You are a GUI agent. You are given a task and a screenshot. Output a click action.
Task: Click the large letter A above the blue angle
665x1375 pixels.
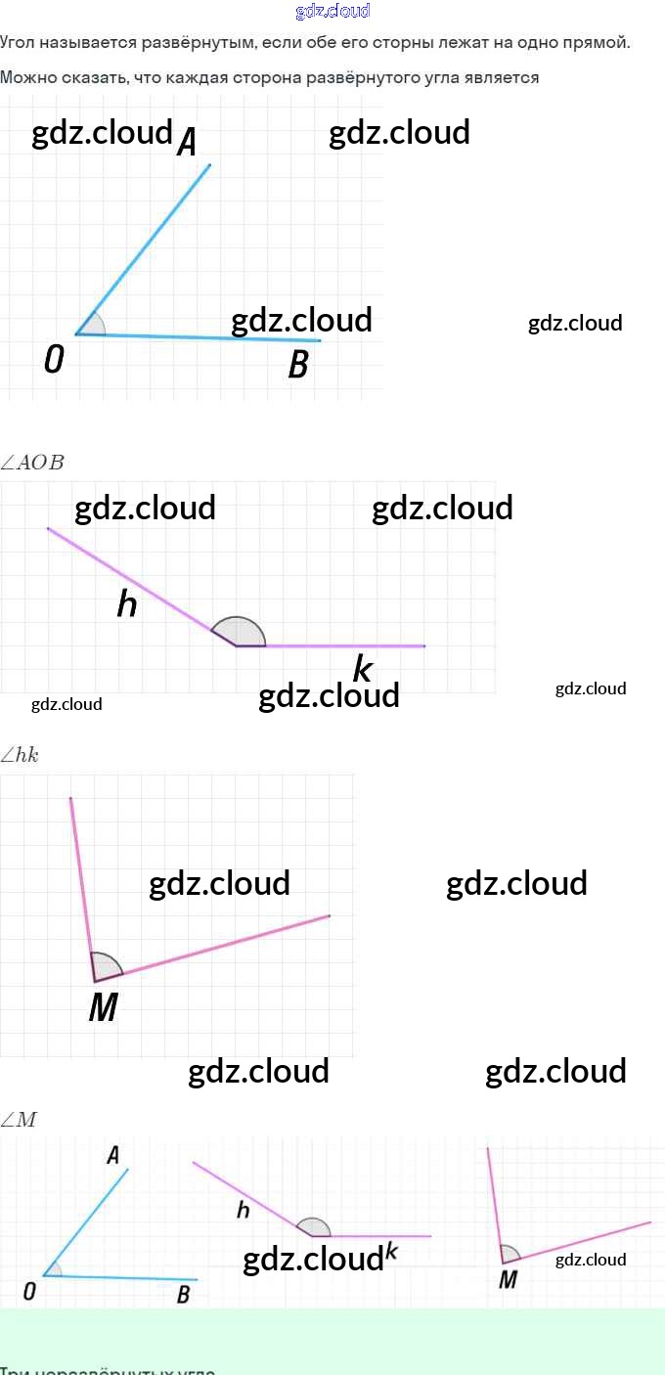point(187,144)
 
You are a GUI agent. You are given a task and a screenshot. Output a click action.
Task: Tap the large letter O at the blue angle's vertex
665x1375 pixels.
point(54,361)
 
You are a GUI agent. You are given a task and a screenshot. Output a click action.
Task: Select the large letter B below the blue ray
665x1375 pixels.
point(298,365)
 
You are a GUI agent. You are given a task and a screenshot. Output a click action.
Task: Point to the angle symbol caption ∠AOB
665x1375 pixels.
point(33,463)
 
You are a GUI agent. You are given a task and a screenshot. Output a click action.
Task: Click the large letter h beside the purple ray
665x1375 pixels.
point(127,604)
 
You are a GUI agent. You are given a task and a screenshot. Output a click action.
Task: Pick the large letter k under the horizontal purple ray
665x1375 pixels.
point(362,670)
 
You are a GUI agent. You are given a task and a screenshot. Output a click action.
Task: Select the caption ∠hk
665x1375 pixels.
point(21,754)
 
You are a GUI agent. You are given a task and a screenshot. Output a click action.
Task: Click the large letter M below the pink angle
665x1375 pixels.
point(103,1007)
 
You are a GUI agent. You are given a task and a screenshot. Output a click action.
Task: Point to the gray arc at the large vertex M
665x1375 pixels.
point(105,964)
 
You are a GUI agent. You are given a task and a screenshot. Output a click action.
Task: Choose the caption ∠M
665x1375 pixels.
point(19,1120)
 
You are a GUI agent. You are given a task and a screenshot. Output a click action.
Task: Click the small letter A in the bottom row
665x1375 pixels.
point(112,1155)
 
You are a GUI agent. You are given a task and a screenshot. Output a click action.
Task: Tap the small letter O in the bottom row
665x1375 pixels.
point(29,1292)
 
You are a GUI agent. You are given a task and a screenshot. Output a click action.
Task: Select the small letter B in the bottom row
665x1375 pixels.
point(183,1296)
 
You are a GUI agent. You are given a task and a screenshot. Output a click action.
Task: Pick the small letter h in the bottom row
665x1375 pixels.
point(244,1211)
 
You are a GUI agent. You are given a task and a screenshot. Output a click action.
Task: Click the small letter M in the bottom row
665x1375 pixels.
point(508,1279)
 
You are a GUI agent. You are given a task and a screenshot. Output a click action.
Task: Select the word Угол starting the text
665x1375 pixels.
point(19,43)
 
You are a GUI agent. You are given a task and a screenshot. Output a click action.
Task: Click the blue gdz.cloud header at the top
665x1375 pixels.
point(332,11)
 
